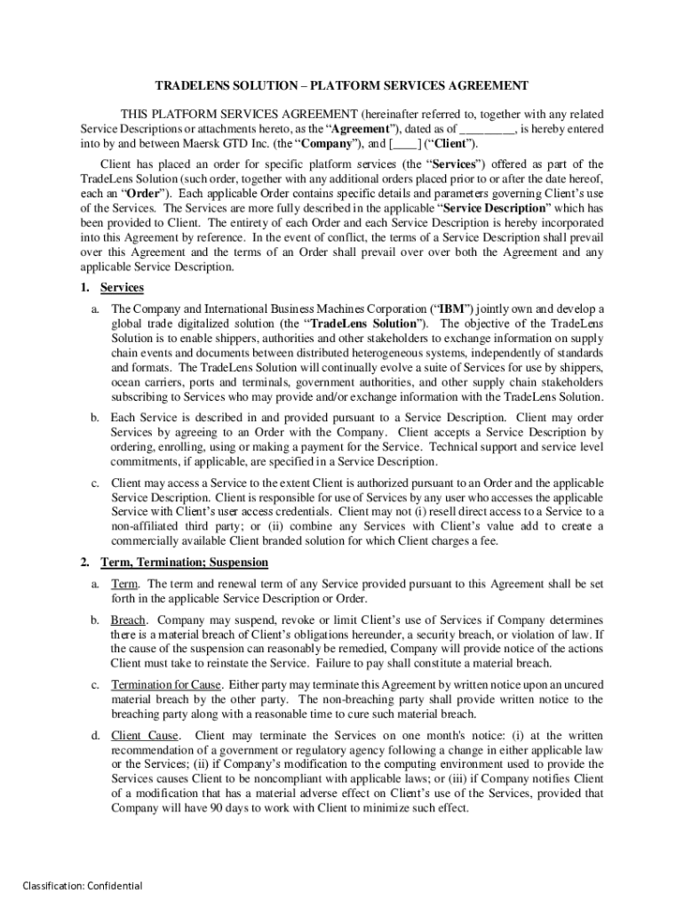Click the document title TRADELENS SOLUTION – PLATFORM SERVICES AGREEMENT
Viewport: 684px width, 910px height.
[x=342, y=85]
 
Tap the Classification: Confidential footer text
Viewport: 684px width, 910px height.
[x=82, y=885]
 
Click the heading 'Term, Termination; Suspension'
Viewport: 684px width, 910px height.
[x=184, y=563]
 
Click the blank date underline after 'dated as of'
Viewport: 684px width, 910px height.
[x=488, y=129]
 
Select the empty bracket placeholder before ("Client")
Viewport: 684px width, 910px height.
[x=406, y=143]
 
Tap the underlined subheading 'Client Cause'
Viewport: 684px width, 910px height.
[x=145, y=736]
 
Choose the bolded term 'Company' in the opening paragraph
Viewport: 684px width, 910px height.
[x=328, y=143]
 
